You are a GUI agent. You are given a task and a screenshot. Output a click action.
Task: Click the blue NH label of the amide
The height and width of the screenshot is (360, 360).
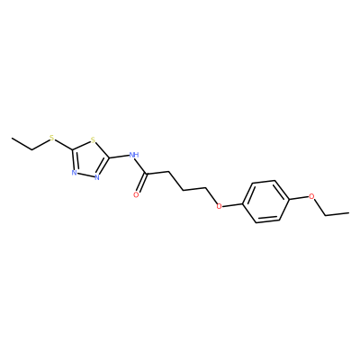tap(134, 155)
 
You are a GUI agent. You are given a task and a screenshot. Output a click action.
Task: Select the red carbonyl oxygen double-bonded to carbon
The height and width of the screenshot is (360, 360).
tap(136, 195)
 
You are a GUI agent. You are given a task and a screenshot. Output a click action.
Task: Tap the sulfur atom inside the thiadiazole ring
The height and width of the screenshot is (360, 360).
tap(93, 139)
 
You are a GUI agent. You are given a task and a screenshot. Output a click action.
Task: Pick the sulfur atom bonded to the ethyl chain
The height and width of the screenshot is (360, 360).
tap(52, 139)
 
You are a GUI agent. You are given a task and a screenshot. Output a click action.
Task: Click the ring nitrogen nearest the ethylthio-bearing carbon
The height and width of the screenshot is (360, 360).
tap(74, 173)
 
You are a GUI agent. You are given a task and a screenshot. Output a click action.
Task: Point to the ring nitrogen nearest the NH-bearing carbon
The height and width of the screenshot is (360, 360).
tap(97, 177)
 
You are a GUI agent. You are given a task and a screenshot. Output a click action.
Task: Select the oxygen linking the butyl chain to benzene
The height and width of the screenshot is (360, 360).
tap(220, 206)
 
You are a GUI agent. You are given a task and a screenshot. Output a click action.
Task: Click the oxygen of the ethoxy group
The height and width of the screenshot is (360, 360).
tap(311, 197)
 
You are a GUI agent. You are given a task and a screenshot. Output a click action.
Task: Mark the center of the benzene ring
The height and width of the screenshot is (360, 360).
tap(265, 202)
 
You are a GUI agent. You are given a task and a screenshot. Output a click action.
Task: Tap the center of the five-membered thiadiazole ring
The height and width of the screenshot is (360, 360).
tap(89, 159)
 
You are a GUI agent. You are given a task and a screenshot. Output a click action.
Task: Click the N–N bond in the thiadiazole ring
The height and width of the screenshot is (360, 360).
tap(85, 175)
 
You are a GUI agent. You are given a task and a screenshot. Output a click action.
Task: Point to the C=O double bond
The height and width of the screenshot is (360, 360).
tap(141, 184)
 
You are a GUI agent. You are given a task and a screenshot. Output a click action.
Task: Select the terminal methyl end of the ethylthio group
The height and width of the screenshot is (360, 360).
tap(12, 139)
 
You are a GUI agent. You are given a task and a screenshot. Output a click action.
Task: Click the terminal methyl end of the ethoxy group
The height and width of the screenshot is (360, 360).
tap(348, 213)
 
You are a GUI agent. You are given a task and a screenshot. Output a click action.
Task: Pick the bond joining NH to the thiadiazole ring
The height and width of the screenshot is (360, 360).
tap(119, 157)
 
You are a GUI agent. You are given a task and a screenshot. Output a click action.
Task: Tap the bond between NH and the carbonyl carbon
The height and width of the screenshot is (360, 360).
tap(140, 166)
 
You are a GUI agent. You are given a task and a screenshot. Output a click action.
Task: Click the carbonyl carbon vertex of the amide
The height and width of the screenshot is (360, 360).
tap(146, 174)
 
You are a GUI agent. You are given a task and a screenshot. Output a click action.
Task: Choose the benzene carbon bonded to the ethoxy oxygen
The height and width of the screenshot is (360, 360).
tap(288, 199)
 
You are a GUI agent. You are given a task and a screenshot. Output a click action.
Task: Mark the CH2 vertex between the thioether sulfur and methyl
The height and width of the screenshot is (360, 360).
tap(32, 149)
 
